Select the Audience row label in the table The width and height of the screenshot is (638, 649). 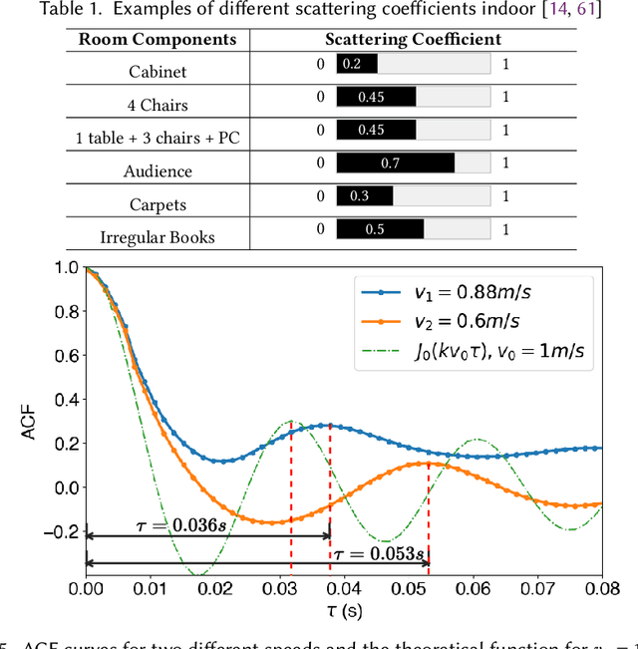tap(159, 171)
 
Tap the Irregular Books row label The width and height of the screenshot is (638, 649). tap(159, 237)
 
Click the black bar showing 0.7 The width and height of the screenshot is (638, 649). tap(396, 162)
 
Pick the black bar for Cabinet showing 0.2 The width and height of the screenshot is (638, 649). tap(357, 64)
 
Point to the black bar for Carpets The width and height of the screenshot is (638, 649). tap(365, 195)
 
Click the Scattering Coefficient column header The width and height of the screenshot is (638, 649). tap(413, 40)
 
